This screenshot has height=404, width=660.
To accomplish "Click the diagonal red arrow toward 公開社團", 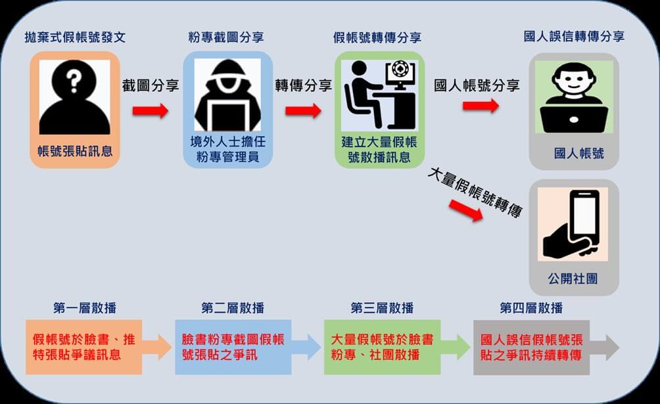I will click(x=464, y=210).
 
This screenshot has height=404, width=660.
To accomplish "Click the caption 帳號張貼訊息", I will click(x=74, y=151).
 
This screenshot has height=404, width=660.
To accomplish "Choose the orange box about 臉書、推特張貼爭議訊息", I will click(x=83, y=348).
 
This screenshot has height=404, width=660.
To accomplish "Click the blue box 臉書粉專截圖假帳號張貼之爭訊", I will click(x=233, y=348).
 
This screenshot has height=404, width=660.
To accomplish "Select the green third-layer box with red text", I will click(x=382, y=348).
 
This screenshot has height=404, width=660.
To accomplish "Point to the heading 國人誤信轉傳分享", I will click(x=574, y=37).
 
